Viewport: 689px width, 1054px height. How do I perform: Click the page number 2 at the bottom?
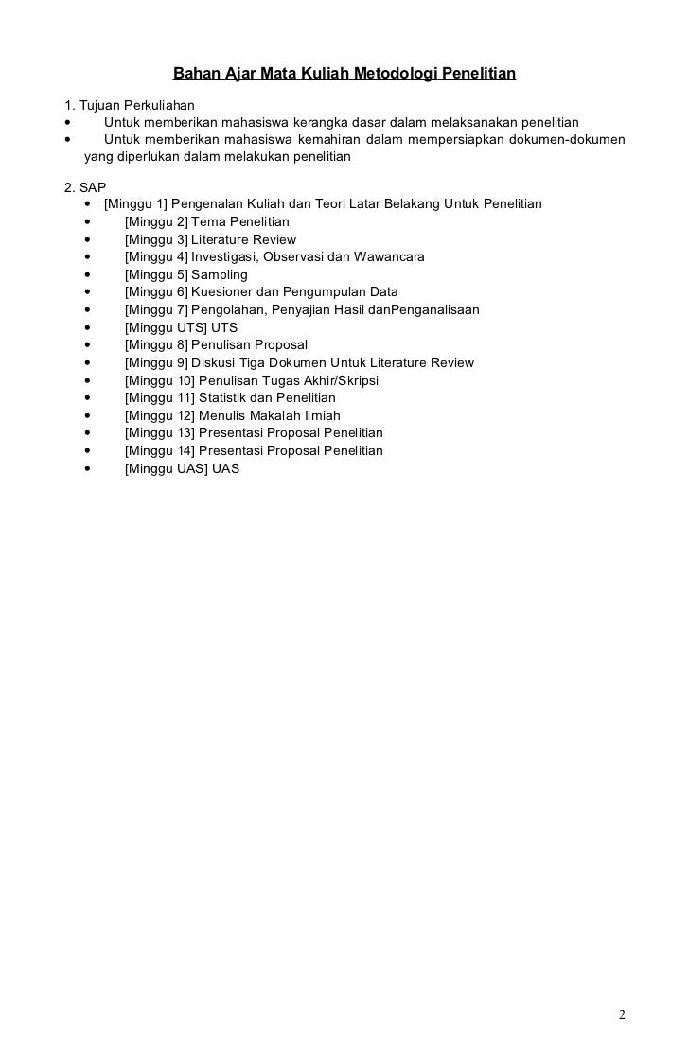622,1015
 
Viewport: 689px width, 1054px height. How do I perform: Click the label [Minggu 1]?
135,204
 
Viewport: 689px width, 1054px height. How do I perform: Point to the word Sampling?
219,274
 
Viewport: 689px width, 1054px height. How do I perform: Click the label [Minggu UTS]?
166,327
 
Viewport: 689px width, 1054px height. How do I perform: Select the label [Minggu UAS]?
166,468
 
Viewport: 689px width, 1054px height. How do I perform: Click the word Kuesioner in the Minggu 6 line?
221,292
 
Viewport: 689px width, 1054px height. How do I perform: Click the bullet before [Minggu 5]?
88,275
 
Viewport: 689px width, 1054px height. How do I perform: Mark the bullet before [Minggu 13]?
88,433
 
